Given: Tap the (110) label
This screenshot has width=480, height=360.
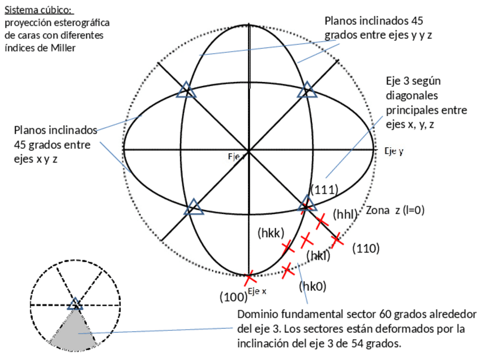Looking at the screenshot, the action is tap(366, 248).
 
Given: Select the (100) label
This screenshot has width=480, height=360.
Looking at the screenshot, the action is tap(233, 296).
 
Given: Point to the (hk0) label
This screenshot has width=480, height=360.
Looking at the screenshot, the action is tap(312, 286).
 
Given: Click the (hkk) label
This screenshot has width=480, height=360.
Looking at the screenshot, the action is tap(271, 232).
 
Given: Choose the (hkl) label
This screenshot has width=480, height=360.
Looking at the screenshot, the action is tap(318, 256).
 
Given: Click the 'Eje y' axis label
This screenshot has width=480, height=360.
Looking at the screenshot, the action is tap(393, 151).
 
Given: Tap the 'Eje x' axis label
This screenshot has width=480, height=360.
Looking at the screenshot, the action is tap(257, 291).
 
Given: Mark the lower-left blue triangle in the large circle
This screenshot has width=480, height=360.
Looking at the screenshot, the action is tap(194, 207).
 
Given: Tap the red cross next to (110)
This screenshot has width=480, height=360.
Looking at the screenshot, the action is tap(337, 239).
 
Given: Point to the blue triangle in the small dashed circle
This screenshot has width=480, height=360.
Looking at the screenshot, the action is tap(75, 305).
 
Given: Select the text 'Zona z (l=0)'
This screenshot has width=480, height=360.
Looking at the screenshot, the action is tap(395, 210).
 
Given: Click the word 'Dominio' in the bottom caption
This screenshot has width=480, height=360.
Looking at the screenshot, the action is tap(258, 315).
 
